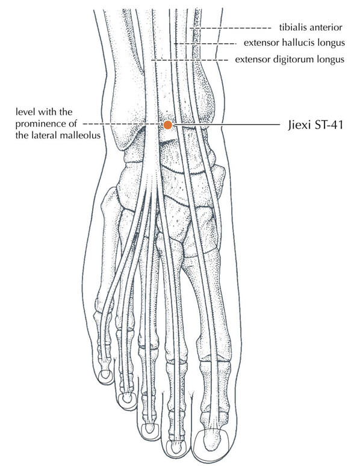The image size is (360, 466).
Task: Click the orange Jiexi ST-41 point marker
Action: point(168,125)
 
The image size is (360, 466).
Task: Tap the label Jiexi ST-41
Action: point(315,125)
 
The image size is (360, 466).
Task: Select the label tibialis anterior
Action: point(311,27)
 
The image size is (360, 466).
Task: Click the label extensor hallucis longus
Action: point(294,43)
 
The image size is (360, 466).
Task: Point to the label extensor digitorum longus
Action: point(290,60)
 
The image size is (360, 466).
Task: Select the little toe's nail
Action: point(105,375)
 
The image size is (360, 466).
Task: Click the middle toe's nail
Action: point(148,429)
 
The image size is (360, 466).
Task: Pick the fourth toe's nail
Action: point(126,397)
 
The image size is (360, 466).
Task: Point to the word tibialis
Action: point(292,27)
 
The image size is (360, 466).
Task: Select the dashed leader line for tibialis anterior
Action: point(231,28)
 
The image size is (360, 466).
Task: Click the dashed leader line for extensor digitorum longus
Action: point(190,60)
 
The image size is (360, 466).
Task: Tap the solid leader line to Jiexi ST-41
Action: point(227,125)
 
